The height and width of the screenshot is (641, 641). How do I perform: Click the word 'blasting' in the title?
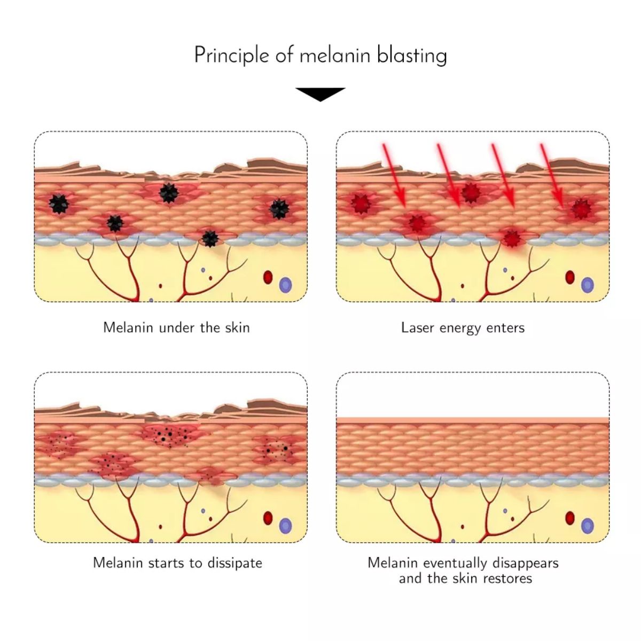coord(412,56)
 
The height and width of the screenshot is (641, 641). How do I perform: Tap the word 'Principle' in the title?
coord(231,56)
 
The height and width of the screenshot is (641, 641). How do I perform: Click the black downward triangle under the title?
coord(320,95)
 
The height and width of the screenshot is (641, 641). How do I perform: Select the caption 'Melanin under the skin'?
coord(176,327)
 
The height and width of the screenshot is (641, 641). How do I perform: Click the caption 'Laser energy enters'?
coord(463,328)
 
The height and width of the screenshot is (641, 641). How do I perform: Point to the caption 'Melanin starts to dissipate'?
coord(177,563)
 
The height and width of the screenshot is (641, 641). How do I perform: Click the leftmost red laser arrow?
coord(395,174)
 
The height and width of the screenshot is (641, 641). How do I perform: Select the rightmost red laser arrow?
coord(551,176)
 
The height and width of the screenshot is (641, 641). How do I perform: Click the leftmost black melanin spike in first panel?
coord(59,204)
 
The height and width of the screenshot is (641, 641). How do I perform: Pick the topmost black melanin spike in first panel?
coord(169,193)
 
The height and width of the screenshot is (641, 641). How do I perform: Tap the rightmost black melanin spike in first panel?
coord(279,209)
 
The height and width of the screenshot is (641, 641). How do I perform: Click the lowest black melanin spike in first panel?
coord(210,238)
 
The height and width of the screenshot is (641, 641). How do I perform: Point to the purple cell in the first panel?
coord(285,285)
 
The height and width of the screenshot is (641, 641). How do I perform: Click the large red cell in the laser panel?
coord(570,277)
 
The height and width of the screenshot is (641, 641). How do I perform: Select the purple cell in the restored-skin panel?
coord(587,526)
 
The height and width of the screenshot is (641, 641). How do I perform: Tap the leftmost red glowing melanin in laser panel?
coord(361,203)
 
